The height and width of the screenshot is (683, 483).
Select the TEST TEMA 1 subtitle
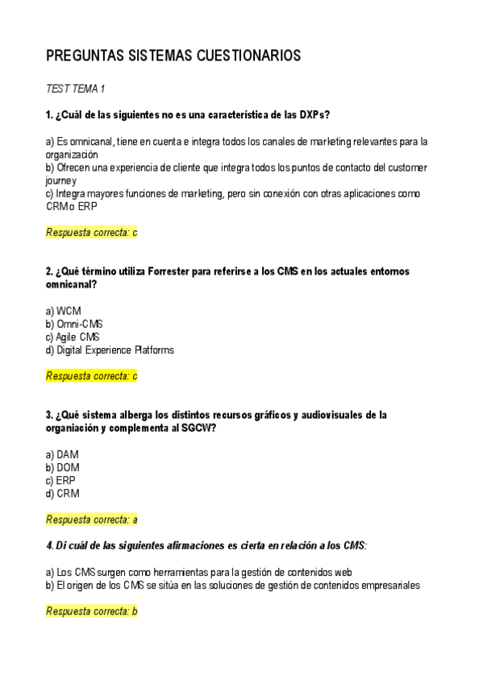tap(76, 89)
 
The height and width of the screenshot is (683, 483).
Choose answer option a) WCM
tap(64, 311)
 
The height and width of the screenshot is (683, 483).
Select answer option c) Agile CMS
tap(73, 337)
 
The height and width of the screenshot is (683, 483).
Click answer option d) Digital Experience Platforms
tap(110, 350)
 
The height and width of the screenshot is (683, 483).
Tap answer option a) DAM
tap(63, 454)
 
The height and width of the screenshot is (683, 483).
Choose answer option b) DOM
tap(63, 467)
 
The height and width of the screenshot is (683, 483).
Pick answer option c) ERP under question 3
tap(61, 481)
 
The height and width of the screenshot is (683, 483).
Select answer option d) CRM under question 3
tap(63, 494)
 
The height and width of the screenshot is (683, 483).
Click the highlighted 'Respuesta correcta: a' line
tap(92, 519)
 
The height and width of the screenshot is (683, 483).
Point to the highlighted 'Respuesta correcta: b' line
tap(92, 611)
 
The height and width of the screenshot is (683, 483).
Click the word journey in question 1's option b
tap(61, 181)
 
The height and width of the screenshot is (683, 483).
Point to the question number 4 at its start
tap(49, 546)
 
